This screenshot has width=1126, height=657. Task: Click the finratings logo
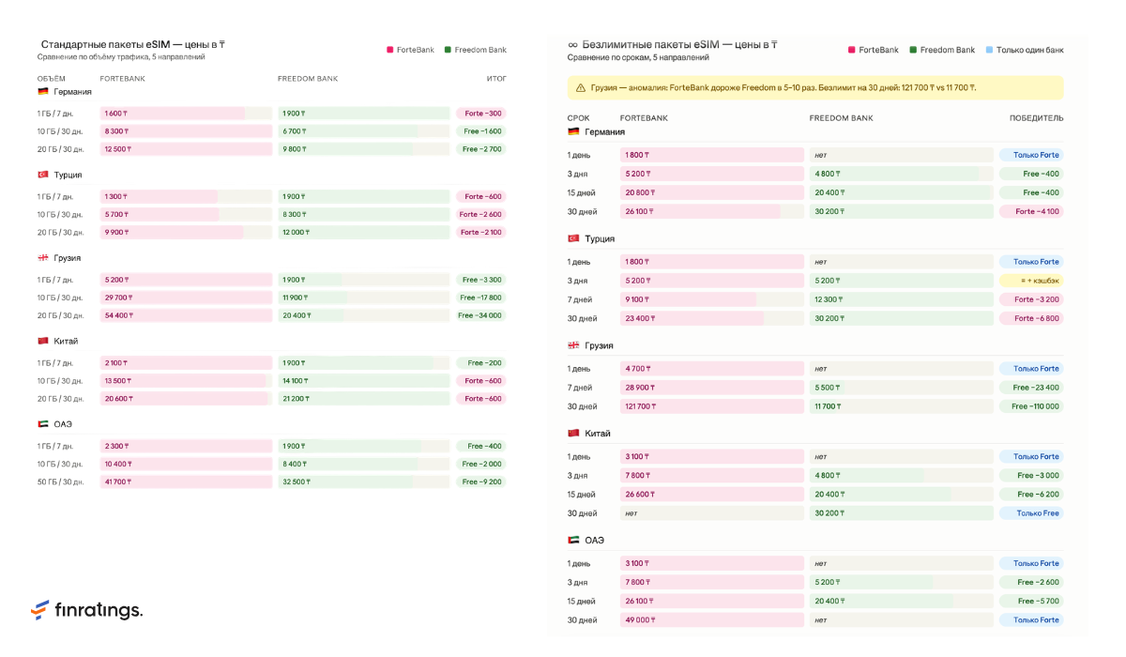pyautogui.click(x=86, y=610)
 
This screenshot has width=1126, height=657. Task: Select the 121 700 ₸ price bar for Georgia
pyautogui.click(x=712, y=406)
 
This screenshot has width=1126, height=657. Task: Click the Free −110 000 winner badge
pyautogui.click(x=1031, y=406)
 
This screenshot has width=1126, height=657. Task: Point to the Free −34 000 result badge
pyautogui.click(x=480, y=315)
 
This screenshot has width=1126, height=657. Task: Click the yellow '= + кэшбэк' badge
pyautogui.click(x=1031, y=281)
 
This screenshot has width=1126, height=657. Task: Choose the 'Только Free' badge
pyautogui.click(x=1031, y=513)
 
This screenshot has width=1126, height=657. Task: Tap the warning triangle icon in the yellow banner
pyautogui.click(x=581, y=87)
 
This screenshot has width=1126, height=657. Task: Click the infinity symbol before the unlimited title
pyautogui.click(x=572, y=45)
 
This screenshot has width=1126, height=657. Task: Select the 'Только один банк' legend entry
pyautogui.click(x=1025, y=50)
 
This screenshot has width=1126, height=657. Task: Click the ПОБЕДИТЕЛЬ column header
pyautogui.click(x=1037, y=118)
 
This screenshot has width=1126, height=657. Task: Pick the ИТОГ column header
pyautogui.click(x=496, y=79)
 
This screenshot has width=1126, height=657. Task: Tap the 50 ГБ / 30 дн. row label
pyautogui.click(x=60, y=481)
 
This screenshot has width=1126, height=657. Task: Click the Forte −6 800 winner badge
pyautogui.click(x=1031, y=318)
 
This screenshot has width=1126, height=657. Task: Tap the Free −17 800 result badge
pyautogui.click(x=480, y=298)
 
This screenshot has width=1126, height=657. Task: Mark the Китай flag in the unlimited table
pyautogui.click(x=573, y=433)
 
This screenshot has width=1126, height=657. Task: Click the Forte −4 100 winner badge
pyautogui.click(x=1031, y=211)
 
